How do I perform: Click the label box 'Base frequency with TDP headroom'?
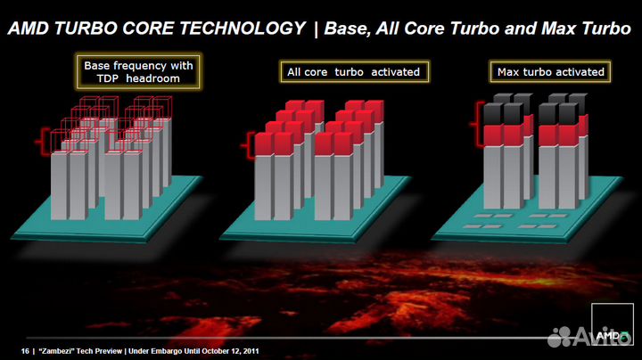138,71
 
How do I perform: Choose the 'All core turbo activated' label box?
353,71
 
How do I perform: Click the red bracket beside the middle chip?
249,141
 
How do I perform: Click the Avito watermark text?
597,336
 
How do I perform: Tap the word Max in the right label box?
509,71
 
